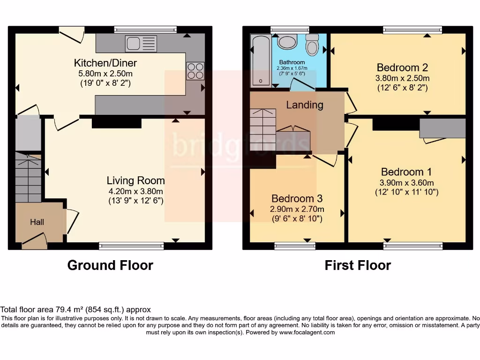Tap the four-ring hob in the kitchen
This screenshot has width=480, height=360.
click(195, 70)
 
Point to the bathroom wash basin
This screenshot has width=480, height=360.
click(286, 43)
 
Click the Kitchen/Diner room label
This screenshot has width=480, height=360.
click(105, 63)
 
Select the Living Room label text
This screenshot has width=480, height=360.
click(135, 180)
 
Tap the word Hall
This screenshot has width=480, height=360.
click(37, 222)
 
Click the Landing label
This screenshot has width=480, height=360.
click(305, 105)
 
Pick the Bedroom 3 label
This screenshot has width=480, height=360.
click(297, 199)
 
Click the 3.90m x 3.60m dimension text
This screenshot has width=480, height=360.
click(406, 182)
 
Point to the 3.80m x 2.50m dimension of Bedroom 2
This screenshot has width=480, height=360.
click(403, 78)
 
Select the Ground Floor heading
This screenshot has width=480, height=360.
click(110, 265)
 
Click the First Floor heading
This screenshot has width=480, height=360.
click(358, 265)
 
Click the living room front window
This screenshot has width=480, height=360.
click(131, 245)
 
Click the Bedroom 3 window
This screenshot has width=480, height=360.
click(292, 245)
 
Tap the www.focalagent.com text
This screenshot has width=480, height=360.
click(307, 332)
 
